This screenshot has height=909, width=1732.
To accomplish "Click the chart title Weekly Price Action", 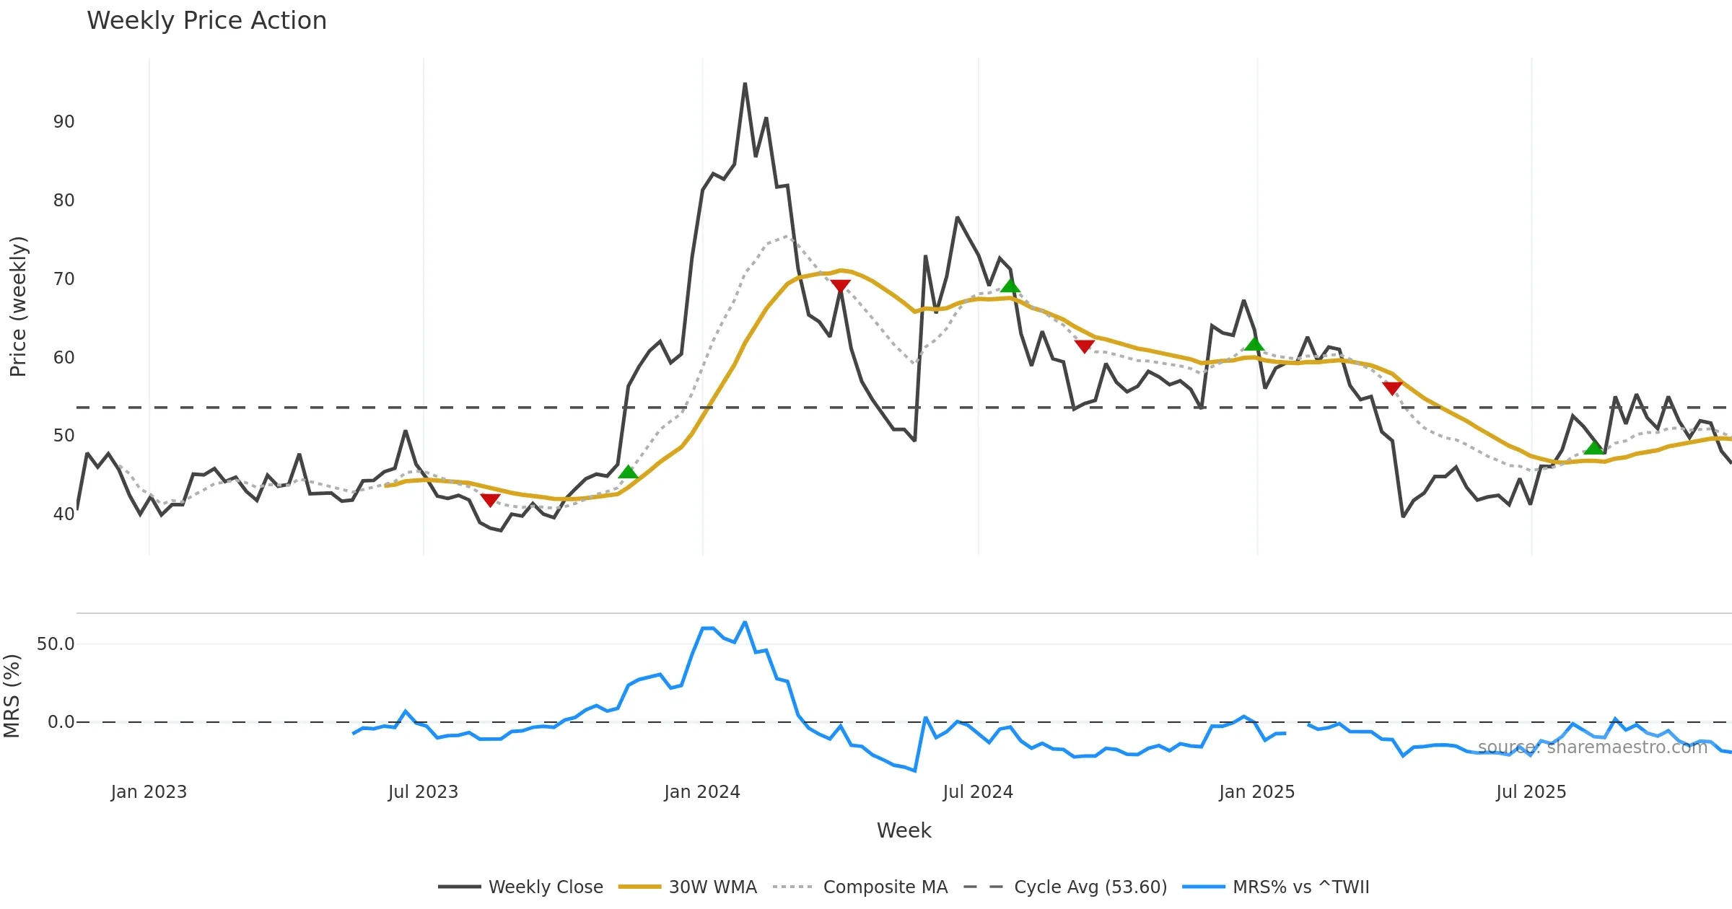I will point(206,21).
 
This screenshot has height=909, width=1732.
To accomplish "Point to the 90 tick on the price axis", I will point(64,122).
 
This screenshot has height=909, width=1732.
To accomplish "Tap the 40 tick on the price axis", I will point(64,514).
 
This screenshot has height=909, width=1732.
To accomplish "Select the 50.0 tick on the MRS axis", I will point(56,644).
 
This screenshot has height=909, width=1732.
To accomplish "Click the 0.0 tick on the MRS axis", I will point(61,722).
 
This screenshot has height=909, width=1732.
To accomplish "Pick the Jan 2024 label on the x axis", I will point(702,792).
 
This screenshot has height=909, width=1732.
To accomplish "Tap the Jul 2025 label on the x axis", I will point(1531,792).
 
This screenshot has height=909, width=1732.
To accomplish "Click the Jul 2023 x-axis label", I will point(423,792).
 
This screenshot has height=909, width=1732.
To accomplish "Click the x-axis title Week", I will point(904,830).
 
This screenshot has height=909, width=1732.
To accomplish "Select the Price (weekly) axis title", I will point(18,307).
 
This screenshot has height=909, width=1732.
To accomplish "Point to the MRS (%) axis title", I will point(12,696).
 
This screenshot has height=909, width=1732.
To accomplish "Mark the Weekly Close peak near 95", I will point(745,84).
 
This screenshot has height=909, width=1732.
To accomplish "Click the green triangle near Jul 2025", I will point(1593,447).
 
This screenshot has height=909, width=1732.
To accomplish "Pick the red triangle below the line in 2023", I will point(490,500).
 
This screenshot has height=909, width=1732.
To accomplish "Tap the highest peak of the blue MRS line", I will point(745,622).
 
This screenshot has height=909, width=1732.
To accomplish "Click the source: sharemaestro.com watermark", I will point(1592,747).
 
